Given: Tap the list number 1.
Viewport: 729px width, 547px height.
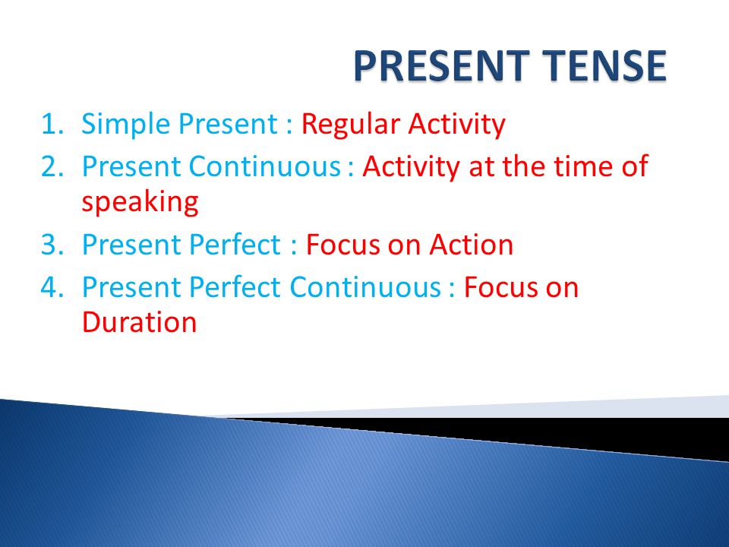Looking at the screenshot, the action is click(x=52, y=124).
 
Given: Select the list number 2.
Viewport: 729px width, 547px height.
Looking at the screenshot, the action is click(x=52, y=166).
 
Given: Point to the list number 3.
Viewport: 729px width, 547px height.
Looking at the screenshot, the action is click(x=52, y=245).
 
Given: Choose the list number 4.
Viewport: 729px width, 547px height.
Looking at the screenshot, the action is click(x=52, y=287).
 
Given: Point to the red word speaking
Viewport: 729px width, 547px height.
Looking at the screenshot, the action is click(x=140, y=203).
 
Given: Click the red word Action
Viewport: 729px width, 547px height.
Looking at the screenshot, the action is click(x=471, y=245).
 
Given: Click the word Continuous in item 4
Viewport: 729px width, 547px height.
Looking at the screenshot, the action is click(x=365, y=287).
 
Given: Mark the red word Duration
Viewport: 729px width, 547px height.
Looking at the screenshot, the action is click(x=140, y=322).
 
